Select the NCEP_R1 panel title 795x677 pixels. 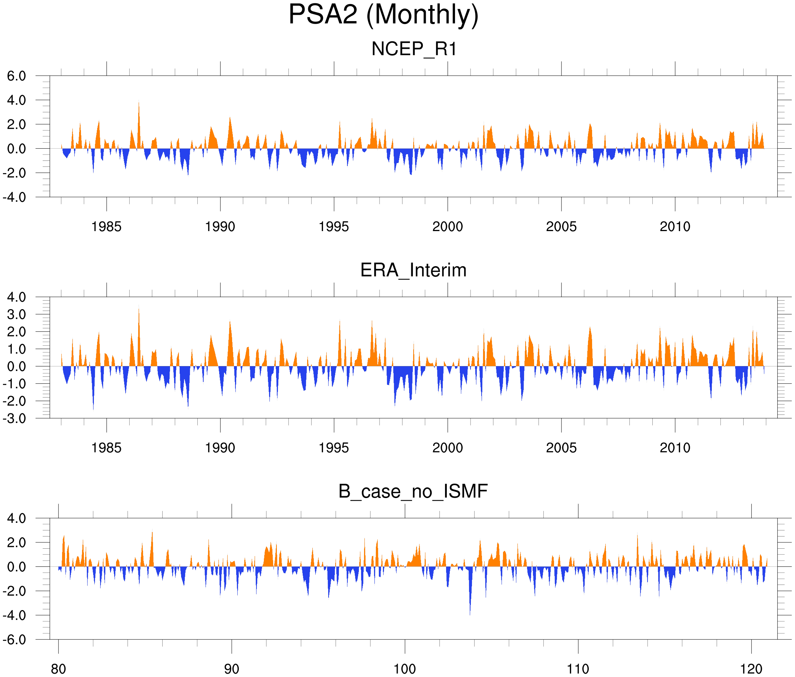414,49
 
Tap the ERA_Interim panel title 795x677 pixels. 413,270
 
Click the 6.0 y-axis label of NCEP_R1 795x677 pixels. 17,76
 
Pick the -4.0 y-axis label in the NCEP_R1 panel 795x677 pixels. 14,197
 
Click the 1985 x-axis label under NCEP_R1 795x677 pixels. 106,227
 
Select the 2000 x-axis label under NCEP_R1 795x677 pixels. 447,227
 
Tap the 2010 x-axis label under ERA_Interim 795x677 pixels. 675,448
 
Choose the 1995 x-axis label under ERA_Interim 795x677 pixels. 334,448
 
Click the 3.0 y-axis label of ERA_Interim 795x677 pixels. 17,315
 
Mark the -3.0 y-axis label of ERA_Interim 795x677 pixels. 14,418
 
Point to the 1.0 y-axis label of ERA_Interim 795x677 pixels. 17,349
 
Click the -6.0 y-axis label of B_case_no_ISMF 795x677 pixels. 14,640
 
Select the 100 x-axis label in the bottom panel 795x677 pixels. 405,669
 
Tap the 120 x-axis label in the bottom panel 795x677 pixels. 751,669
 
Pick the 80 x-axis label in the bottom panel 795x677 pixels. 58,669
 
